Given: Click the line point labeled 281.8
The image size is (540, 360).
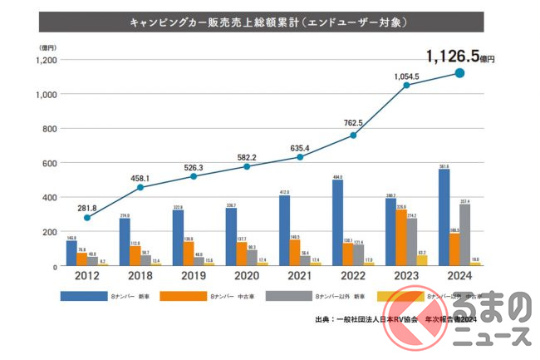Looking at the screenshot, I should (87, 218).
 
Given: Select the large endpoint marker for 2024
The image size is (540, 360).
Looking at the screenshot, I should (459, 73).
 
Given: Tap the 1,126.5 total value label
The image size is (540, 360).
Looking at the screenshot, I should (454, 57).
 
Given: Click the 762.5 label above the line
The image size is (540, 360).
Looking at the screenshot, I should (354, 124).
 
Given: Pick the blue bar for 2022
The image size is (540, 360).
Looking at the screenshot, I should (338, 223).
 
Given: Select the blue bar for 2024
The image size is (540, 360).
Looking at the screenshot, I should (444, 217).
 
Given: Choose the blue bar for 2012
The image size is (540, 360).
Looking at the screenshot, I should (71, 253).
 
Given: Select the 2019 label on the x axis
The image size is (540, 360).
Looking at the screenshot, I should (194, 277).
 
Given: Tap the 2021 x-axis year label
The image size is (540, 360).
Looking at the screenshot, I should (300, 277).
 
